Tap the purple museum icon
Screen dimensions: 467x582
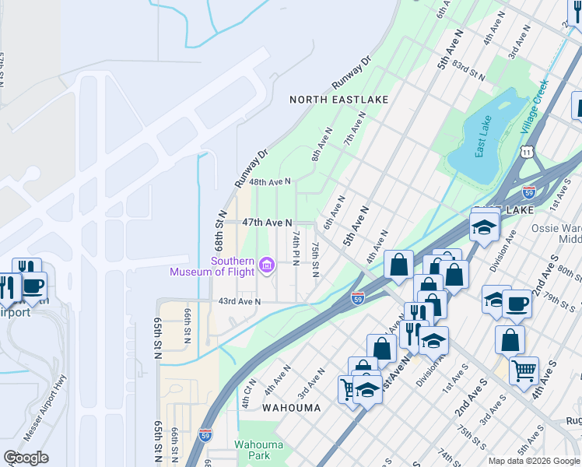click(x=266, y=267)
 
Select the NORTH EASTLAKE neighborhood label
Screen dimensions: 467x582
click(x=338, y=100)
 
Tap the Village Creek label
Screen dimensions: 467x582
click(x=535, y=108)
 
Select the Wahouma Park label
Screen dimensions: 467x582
click(x=260, y=450)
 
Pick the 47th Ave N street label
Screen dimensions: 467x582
click(x=267, y=223)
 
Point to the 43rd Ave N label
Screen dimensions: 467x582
click(x=238, y=301)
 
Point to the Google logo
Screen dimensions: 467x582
click(x=26, y=458)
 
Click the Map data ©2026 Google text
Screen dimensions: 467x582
click(x=533, y=461)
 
